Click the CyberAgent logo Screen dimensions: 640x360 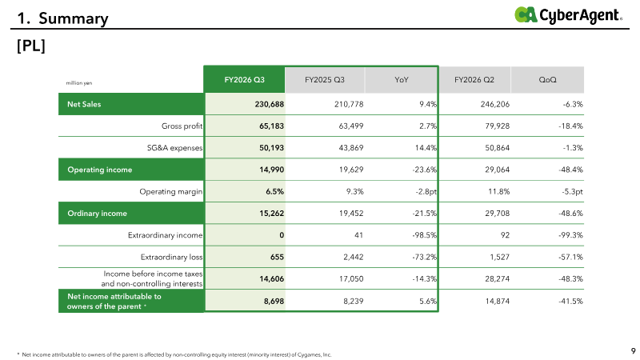(568, 15)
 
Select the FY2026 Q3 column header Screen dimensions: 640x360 (245, 79)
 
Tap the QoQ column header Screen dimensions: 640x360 (547, 79)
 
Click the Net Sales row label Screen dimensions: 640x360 (84, 104)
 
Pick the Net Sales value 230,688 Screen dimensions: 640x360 (270, 104)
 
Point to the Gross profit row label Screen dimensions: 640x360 (182, 126)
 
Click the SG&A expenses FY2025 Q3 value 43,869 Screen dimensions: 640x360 (351, 148)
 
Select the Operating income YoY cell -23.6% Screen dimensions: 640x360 (425, 170)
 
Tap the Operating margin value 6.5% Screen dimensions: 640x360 (274, 191)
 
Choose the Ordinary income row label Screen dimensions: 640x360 (97, 214)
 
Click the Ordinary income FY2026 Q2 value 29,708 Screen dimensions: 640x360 (497, 214)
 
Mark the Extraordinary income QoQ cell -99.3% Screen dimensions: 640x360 (570, 235)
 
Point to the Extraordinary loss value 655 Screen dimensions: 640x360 (277, 257)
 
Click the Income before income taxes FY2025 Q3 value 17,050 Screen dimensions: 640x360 (351, 278)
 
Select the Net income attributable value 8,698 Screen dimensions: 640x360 (274, 302)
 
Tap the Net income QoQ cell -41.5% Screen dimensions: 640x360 (570, 302)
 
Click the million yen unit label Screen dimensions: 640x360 (79, 83)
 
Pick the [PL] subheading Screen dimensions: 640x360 (31, 46)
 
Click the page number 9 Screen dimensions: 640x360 (633, 350)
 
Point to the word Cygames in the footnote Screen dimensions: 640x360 (310, 354)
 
